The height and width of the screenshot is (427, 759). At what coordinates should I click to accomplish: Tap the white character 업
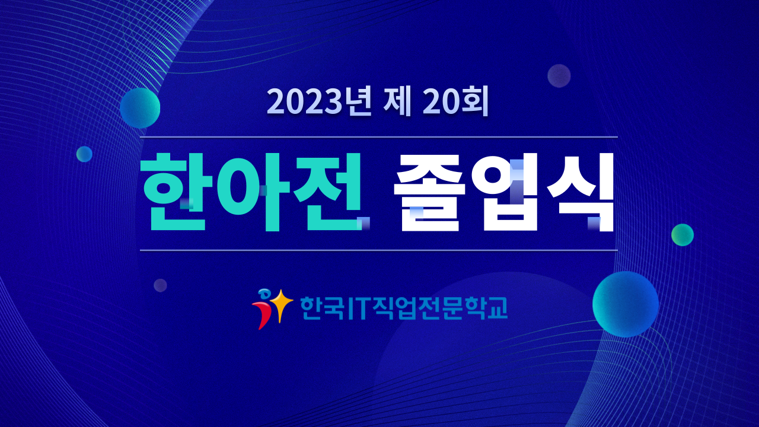[x=508, y=192]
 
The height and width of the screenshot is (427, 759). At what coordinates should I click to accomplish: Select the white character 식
[x=580, y=192]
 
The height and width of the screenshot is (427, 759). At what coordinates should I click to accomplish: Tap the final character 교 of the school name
[x=497, y=308]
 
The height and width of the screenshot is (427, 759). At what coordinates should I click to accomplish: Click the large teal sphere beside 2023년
[x=140, y=108]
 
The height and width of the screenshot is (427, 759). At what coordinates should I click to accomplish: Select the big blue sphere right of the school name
[x=626, y=304]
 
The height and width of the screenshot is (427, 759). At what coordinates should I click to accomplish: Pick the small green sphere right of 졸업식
[x=683, y=235]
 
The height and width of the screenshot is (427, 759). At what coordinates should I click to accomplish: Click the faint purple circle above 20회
[x=559, y=76]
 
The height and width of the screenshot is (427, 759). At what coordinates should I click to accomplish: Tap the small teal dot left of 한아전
[x=84, y=154]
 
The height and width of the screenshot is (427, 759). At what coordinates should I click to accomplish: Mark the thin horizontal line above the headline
[x=379, y=137]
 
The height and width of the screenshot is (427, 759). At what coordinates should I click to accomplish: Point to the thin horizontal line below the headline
[x=379, y=250]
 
